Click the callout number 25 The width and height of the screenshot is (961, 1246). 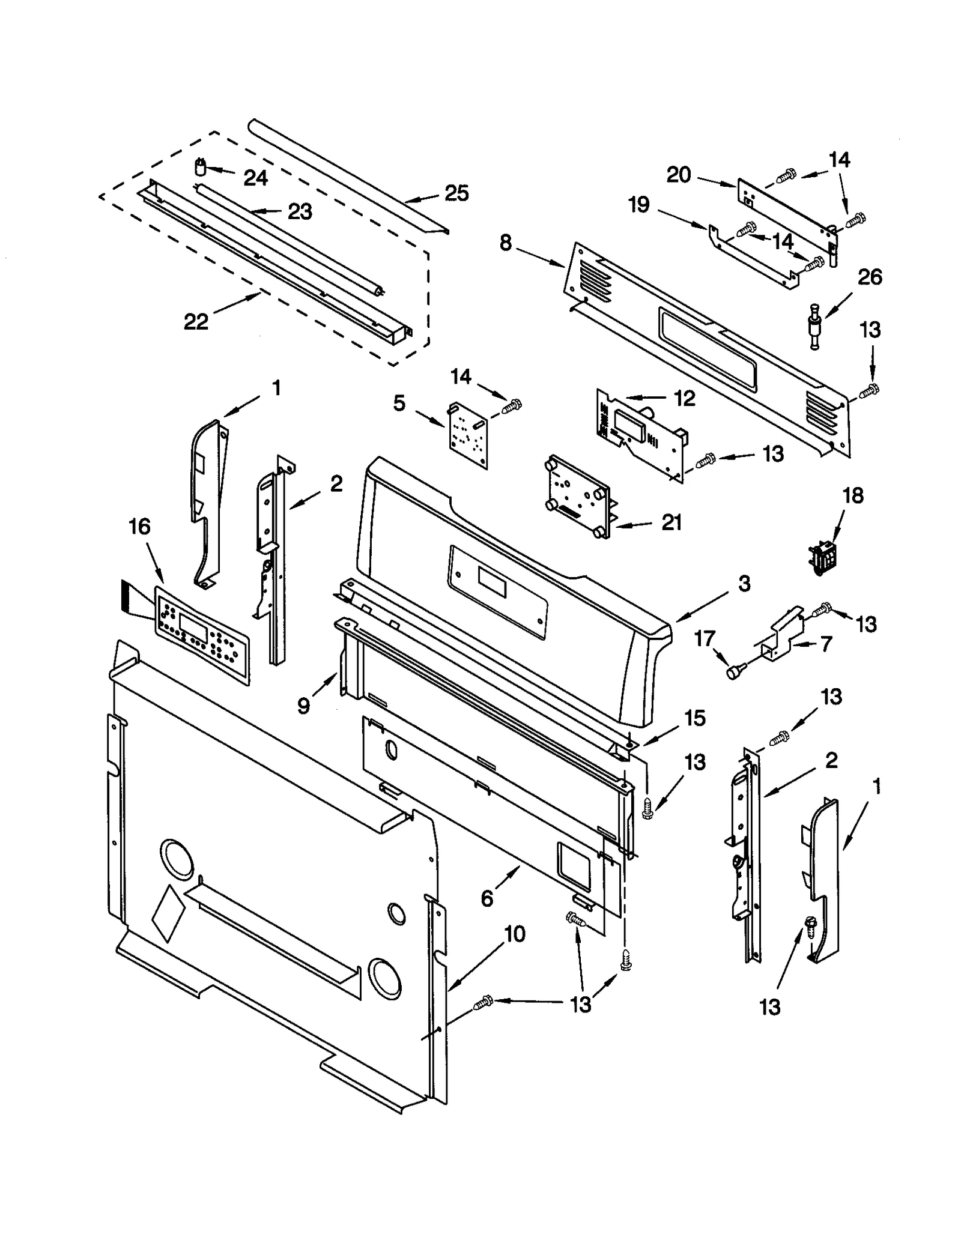pos(456,193)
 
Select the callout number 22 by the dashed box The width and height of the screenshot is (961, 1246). pos(196,322)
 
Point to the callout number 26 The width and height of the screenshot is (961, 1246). pos(869,277)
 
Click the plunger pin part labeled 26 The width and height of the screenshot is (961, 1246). pos(814,328)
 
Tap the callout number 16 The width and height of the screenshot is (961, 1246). pos(139,527)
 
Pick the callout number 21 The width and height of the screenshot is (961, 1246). pos(671,522)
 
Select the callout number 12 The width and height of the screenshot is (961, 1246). pos(684,398)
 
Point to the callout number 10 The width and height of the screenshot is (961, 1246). pos(515,934)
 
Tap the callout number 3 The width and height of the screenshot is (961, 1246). pos(744,583)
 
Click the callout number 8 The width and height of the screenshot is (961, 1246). pos(506,243)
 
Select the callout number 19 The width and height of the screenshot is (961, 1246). pos(639,205)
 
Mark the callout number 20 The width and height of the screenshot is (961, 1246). pos(679,175)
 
